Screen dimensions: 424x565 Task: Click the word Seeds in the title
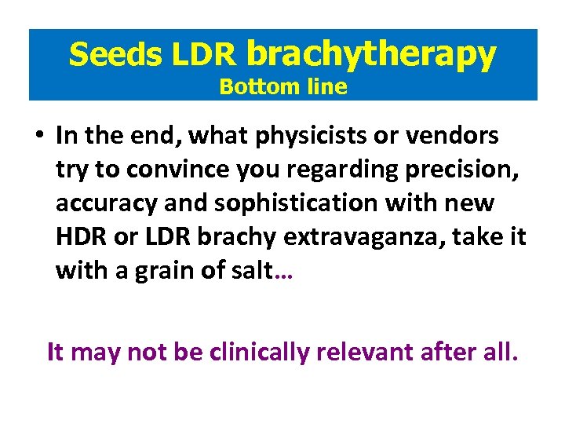tap(115, 54)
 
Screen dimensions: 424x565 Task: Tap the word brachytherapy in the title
tap(371, 53)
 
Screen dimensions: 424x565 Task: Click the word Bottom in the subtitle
tap(249, 87)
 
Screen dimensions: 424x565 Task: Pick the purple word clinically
tap(258, 353)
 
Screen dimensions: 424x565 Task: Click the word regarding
tap(308, 170)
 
